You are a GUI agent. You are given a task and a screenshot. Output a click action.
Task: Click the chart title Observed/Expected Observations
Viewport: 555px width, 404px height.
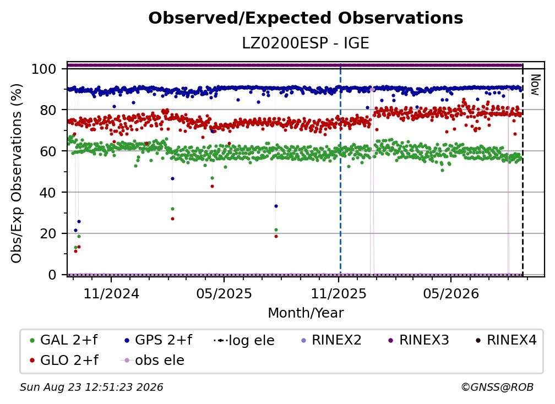[306, 18]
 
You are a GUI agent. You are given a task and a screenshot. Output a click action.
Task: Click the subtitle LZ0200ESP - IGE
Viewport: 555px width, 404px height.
[306, 43]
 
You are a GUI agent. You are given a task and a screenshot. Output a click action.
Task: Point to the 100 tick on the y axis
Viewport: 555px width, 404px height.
[44, 69]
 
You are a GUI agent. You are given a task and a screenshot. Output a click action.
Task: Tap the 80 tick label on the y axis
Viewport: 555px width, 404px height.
[48, 110]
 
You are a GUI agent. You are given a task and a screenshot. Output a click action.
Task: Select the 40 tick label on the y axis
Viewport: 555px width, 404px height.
[48, 193]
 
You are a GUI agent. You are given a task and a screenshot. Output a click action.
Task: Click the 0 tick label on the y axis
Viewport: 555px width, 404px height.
[52, 275]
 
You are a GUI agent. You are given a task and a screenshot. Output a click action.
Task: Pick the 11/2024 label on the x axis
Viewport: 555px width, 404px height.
[111, 293]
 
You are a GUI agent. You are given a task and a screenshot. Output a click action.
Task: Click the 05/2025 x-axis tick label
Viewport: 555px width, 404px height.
[224, 293]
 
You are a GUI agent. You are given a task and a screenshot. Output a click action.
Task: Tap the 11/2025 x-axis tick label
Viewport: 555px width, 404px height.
[339, 293]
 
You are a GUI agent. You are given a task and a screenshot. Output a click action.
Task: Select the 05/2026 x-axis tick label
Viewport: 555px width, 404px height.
[450, 293]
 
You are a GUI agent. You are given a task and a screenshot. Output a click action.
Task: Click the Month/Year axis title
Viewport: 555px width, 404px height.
[306, 313]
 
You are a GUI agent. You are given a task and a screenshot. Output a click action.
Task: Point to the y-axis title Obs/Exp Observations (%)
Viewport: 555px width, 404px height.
[17, 173]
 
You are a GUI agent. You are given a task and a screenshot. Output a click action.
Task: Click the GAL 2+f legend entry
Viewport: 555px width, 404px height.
[64, 340]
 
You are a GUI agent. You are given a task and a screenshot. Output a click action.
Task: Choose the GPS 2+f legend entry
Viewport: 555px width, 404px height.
[158, 340]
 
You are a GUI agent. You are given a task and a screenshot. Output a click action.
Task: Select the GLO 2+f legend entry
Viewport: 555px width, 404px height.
[64, 360]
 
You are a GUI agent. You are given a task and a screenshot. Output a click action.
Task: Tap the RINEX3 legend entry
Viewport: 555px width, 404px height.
[418, 340]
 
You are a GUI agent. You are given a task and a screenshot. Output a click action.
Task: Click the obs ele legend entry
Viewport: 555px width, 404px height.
[153, 360]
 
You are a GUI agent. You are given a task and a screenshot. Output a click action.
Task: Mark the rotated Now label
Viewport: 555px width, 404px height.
[535, 85]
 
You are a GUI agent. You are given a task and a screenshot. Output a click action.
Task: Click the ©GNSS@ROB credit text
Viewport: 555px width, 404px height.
[497, 387]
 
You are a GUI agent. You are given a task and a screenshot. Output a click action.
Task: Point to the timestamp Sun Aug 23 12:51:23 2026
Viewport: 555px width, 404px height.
[91, 387]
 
